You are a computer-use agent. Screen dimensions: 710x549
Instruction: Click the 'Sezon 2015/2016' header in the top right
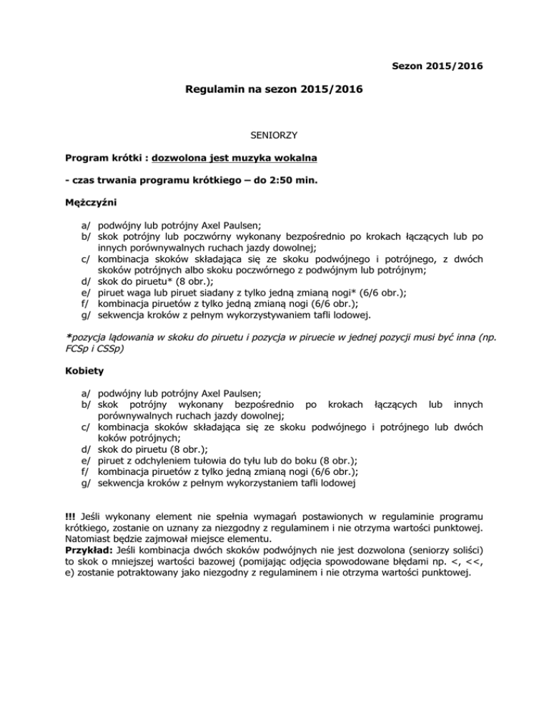(437, 66)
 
